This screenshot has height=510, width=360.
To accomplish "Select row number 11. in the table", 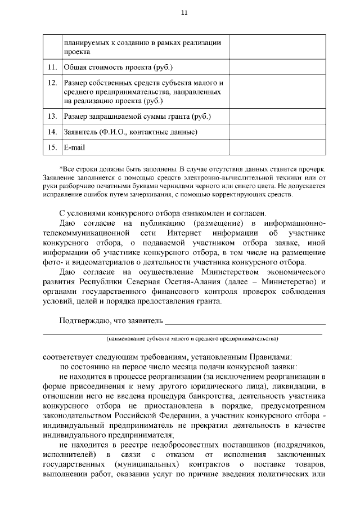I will tap(52, 68).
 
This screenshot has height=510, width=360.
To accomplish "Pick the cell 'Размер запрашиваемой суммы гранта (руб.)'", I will tap(137, 117).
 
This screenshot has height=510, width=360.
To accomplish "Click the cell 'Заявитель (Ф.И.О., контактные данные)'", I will tap(130, 132).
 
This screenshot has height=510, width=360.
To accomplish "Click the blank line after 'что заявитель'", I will tap(244, 323).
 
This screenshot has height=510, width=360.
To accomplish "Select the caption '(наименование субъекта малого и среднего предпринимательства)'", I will tap(192, 339).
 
